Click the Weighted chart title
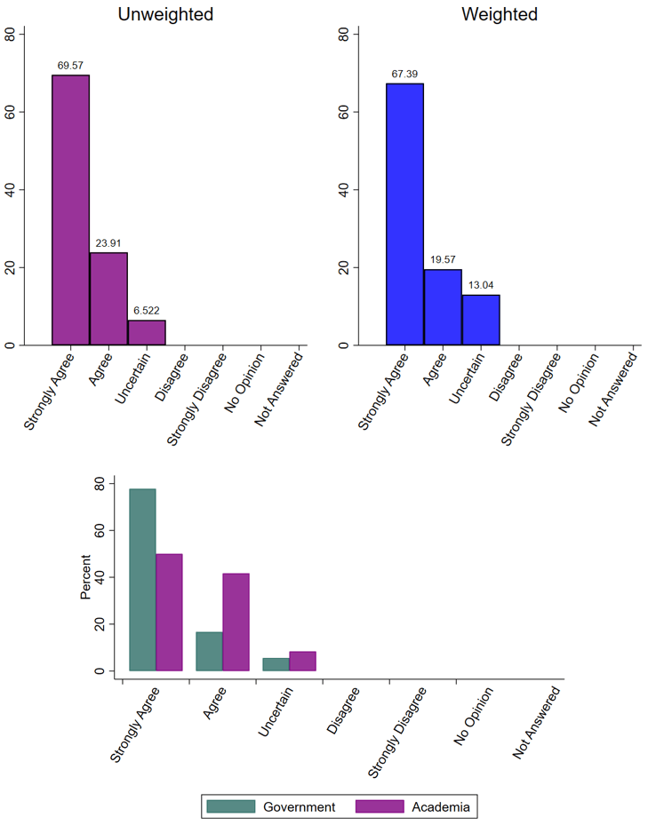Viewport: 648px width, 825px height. tap(499, 14)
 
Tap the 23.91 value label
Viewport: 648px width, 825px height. tap(108, 242)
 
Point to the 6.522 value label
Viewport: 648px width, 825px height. tap(147, 310)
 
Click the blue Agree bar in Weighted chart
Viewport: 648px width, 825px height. tap(443, 306)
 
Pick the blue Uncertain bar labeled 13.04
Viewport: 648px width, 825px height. tap(481, 320)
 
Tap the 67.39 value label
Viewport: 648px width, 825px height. tap(404, 73)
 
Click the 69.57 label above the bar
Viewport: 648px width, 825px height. tap(70, 65)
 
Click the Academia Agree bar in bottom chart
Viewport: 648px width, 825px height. tap(236, 622)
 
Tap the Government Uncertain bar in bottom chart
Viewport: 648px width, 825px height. tap(276, 664)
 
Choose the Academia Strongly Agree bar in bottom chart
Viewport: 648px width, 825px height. tap(169, 612)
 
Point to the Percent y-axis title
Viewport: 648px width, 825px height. tap(86, 577)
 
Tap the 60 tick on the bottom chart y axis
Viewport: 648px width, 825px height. tap(100, 530)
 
